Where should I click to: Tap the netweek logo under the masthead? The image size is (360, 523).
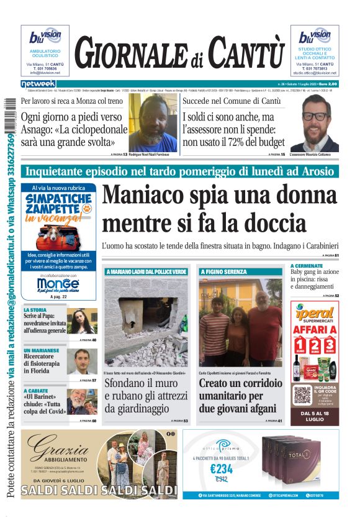point(38,84)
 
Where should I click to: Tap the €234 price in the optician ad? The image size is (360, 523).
point(222,469)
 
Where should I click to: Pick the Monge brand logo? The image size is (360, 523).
point(58,284)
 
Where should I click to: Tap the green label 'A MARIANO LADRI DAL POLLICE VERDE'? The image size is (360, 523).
point(146,272)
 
